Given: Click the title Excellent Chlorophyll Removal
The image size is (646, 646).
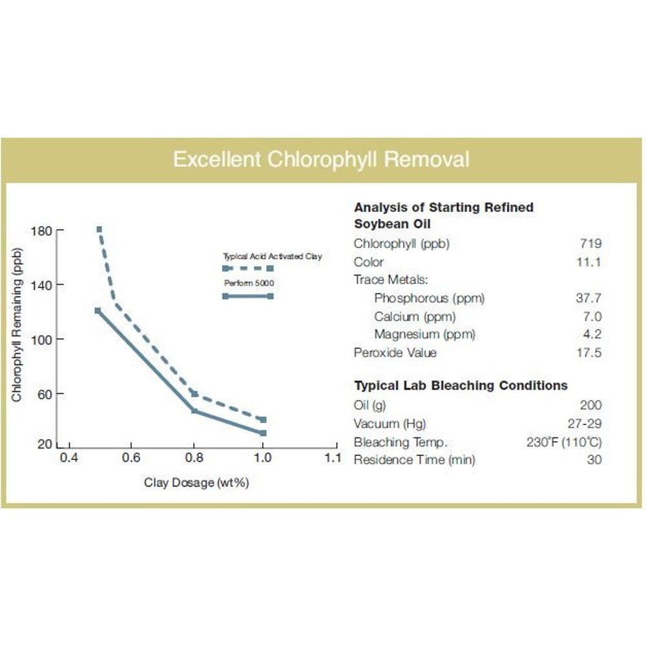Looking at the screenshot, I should click(321, 159).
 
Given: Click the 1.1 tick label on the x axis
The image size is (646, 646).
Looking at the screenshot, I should click(332, 458).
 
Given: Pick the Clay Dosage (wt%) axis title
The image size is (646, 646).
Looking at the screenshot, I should click(196, 483).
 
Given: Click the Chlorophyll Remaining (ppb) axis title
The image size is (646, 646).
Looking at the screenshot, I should click(17, 324).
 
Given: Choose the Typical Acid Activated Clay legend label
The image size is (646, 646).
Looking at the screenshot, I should click(271, 256).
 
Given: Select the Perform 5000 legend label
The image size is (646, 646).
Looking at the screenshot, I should click(243, 284).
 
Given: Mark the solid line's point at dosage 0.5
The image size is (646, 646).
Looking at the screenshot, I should click(98, 311).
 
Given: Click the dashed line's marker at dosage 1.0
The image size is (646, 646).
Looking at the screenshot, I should click(263, 420).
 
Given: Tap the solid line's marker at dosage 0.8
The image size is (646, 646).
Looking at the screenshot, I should click(194, 411).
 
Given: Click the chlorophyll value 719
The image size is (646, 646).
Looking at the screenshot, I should click(590, 244).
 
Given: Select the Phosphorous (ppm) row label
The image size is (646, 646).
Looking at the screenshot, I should click(429, 298).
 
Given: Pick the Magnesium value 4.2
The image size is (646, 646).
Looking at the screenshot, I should click(592, 335).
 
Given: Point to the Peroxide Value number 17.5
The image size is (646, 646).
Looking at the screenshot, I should click(589, 353).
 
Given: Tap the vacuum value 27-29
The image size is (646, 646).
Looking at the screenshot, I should click(584, 424).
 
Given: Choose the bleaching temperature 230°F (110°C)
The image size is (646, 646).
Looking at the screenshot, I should click(564, 443).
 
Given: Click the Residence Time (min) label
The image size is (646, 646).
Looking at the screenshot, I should click(414, 460).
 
